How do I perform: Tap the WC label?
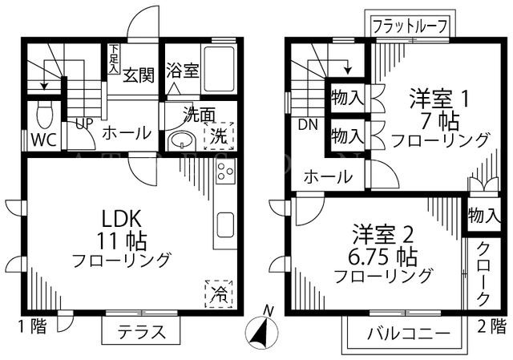coord(44,140)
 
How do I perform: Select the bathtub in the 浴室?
coord(219,70)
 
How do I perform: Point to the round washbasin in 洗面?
coord(182,141)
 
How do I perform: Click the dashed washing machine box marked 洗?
coord(219,136)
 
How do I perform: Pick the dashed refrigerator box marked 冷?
coord(219,294)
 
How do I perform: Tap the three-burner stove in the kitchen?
coord(225,172)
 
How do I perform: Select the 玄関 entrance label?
coord(139,75)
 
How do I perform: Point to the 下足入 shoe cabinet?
coord(114,59)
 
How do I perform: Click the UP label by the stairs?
coord(84,123)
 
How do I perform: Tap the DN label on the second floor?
coord(308,124)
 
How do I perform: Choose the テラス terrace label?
coord(141,332)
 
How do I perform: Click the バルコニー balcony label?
coord(409,334)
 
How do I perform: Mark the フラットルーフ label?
coord(410,26)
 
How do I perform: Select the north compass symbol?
coord(262,328)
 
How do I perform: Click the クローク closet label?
coord(483,274)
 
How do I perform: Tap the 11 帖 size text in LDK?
coord(121,241)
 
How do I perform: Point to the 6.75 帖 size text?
coord(382,257)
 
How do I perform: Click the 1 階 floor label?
coord(32,326)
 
